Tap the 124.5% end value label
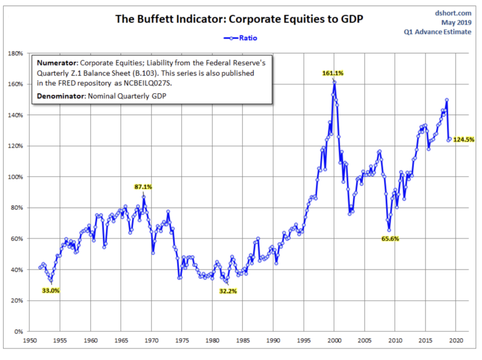point(465,139)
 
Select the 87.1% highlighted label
point(143,187)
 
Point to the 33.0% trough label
point(51,291)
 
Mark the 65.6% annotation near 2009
point(389,238)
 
